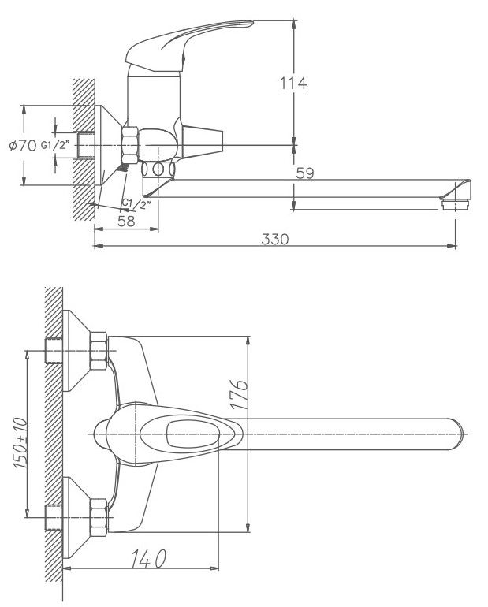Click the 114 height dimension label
(293, 83)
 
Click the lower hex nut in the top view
(99, 515)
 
